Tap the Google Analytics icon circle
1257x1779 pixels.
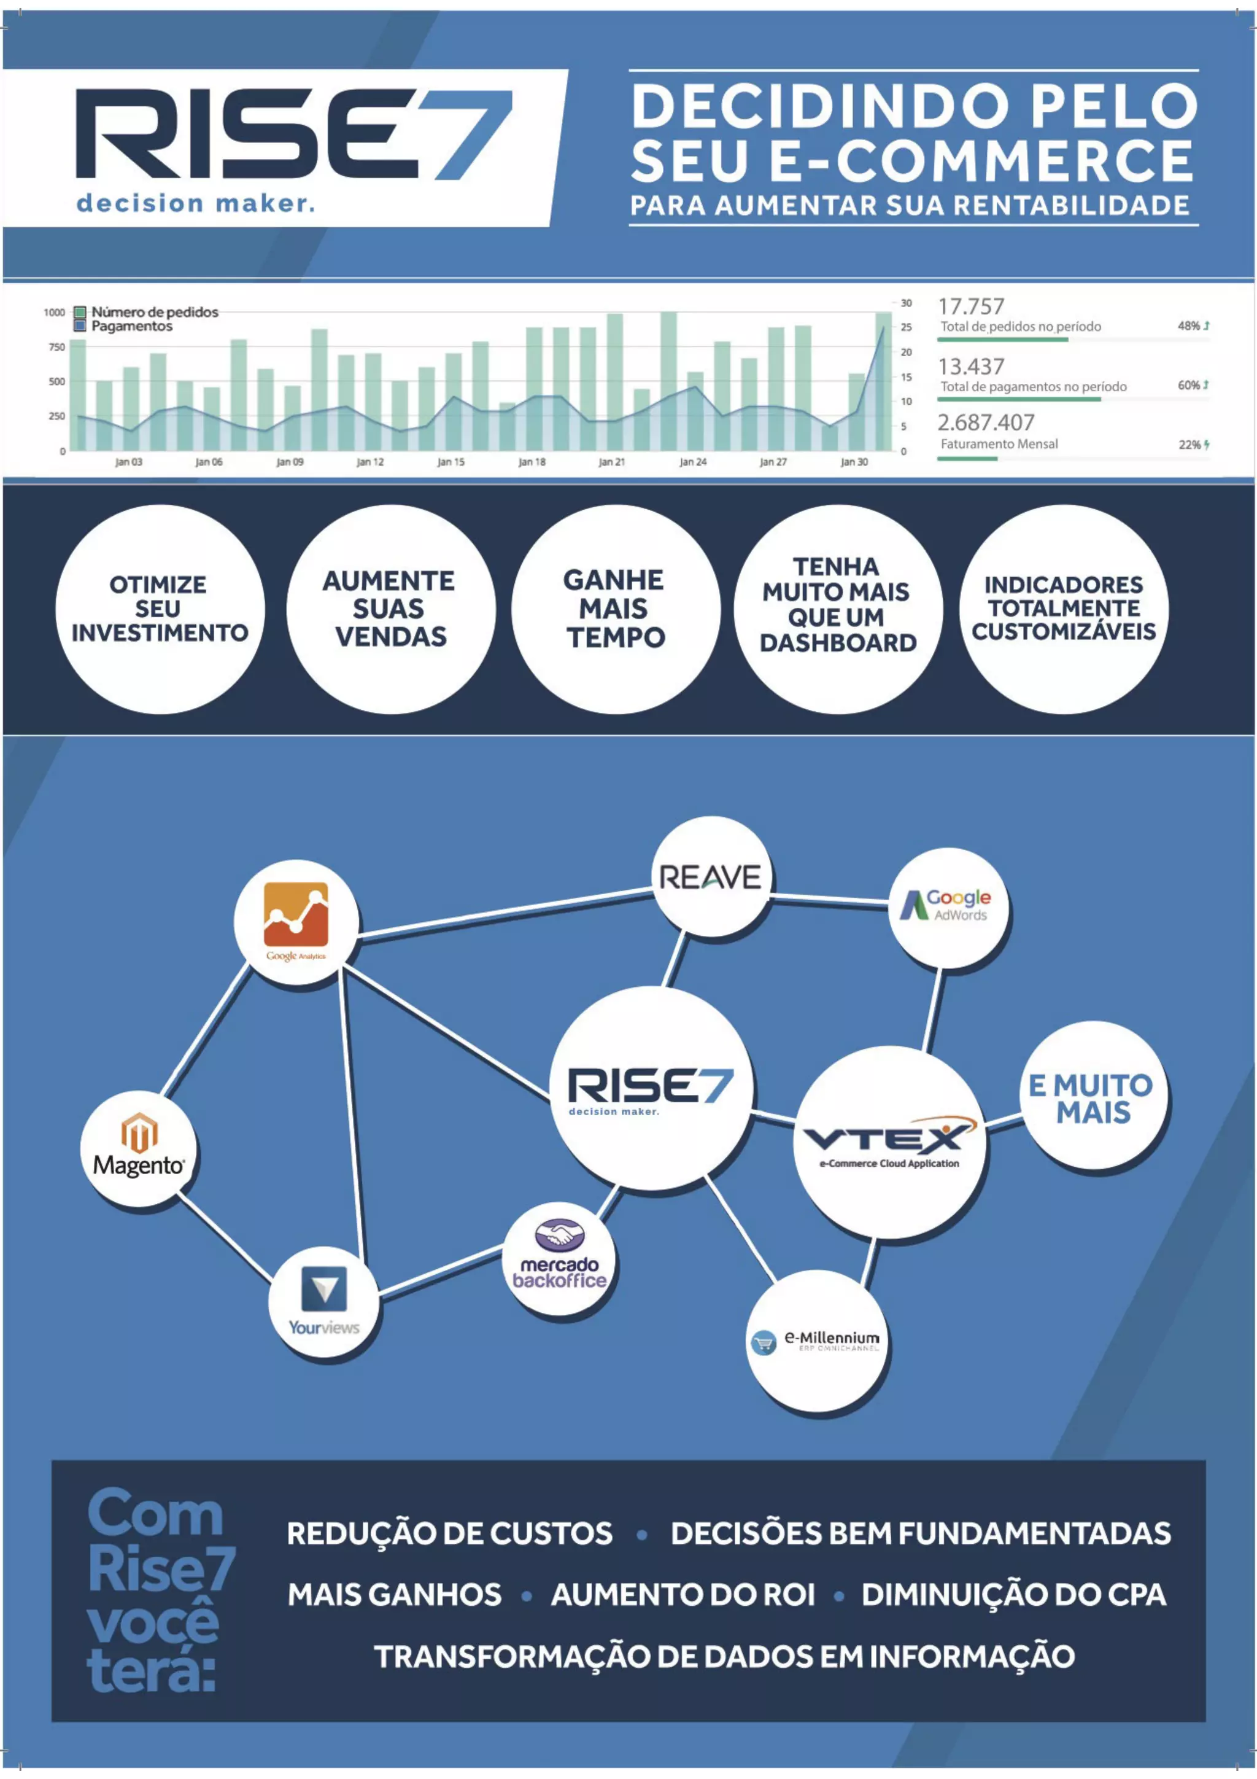(x=296, y=921)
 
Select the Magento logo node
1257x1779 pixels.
(x=139, y=1148)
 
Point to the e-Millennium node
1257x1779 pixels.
(x=817, y=1341)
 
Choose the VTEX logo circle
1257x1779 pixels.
(x=889, y=1142)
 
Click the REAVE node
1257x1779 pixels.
(x=710, y=877)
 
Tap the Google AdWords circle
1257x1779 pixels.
(x=948, y=906)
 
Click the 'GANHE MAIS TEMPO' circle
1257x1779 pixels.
(x=615, y=609)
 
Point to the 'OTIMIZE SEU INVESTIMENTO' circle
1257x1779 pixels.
(x=160, y=609)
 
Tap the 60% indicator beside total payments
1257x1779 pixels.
(x=1189, y=385)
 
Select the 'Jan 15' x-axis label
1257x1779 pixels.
(x=451, y=462)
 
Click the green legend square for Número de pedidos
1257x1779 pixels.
(x=80, y=312)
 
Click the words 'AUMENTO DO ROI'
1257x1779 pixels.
(x=683, y=1595)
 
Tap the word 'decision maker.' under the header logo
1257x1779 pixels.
(x=196, y=204)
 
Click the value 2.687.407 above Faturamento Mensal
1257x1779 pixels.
(x=985, y=423)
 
